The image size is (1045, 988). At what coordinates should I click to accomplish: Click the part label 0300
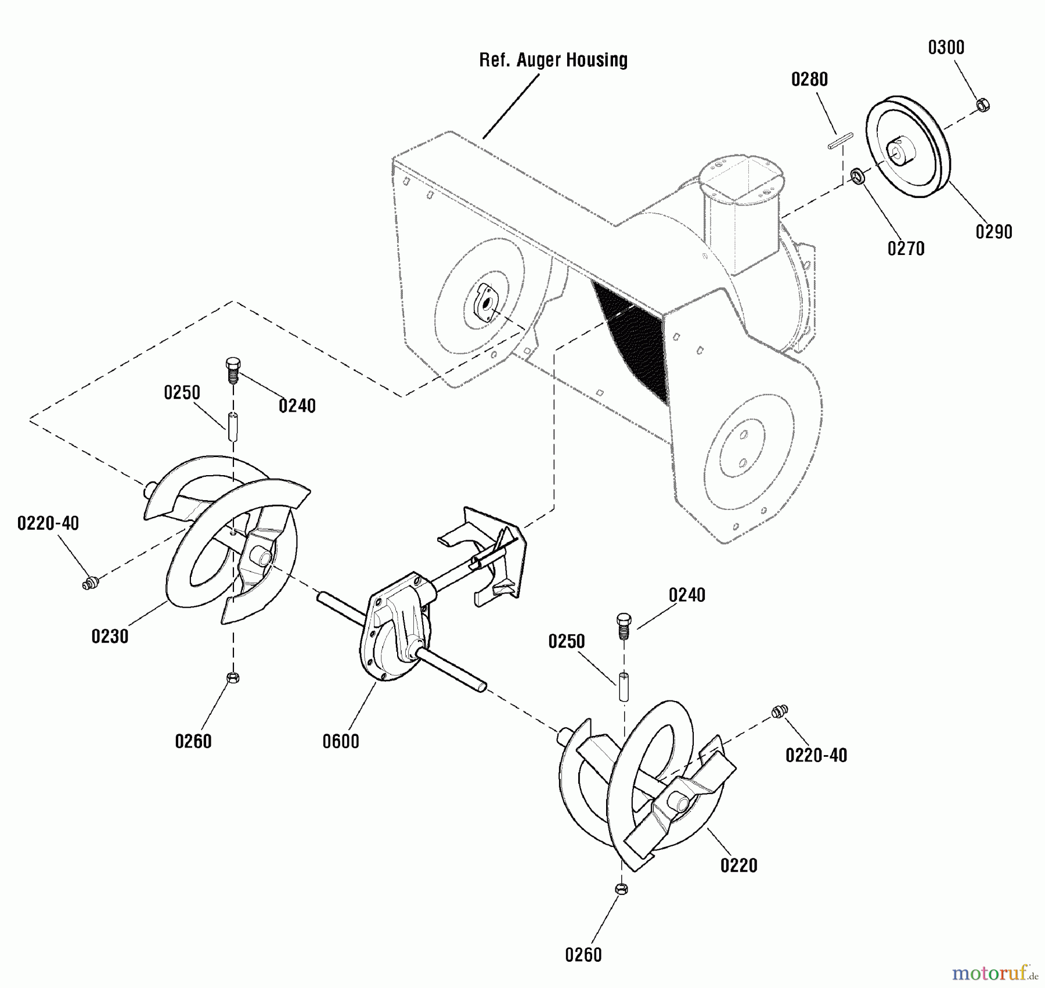coord(946,48)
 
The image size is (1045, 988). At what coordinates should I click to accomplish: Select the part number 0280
coord(809,80)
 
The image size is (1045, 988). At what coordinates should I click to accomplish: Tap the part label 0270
coord(906,249)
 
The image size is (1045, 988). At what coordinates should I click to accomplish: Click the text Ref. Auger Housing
coord(553,60)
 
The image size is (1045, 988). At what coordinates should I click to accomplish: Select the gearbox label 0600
coord(341,742)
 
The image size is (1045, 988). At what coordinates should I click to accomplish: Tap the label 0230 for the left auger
coord(110,637)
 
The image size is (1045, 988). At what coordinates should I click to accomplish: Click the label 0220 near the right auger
coord(738,865)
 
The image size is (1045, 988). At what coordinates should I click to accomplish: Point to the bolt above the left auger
coord(232,369)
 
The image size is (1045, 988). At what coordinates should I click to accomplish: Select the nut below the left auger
coord(232,677)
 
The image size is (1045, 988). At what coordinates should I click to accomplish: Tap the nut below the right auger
coord(621,889)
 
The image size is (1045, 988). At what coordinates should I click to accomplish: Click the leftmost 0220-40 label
coord(48,523)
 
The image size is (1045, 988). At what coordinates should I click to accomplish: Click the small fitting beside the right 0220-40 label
coord(779,712)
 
